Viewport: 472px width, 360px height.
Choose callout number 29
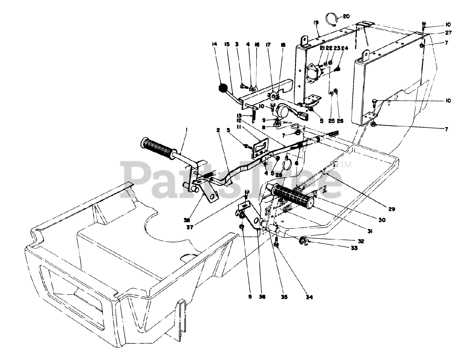click(392, 209)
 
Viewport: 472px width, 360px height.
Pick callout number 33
click(354, 248)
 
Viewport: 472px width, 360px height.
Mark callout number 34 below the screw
click(309, 297)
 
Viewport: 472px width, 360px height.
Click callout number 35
click(284, 297)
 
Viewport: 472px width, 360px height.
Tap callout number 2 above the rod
click(218, 130)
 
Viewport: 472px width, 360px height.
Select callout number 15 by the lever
click(226, 45)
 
